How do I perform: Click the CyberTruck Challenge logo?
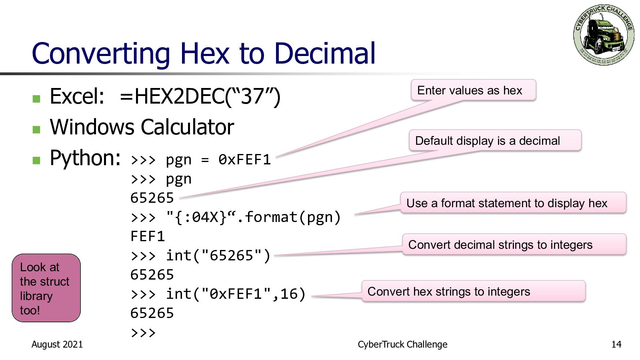point(604,34)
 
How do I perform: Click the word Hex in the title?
point(205,53)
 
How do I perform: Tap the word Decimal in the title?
point(324,53)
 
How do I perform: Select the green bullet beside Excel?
point(36,99)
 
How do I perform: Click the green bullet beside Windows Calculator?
point(36,130)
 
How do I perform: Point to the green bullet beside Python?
point(36,160)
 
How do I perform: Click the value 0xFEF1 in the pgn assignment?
point(244,160)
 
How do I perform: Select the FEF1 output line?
point(148,236)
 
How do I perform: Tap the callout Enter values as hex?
point(474,90)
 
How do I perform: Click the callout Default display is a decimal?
point(495,140)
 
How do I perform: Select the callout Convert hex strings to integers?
point(474,291)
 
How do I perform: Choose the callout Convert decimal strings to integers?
point(514,244)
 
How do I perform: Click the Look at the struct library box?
point(46,288)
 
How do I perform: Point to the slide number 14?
point(616,344)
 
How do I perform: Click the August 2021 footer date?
point(57,344)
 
